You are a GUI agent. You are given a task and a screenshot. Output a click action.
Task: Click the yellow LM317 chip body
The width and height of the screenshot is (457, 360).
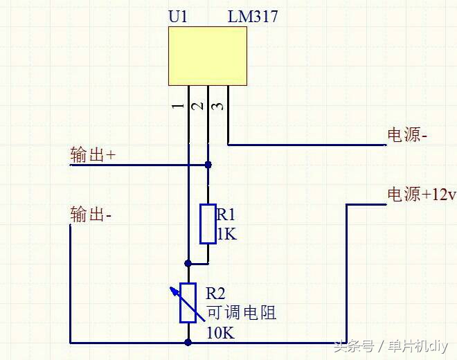tap(208, 56)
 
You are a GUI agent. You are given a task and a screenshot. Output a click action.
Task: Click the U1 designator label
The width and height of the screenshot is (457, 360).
tap(178, 16)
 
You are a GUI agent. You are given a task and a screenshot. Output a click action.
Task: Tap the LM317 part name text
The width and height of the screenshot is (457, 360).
tap(253, 16)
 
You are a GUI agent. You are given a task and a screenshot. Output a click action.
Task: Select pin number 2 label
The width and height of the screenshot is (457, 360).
tap(197, 106)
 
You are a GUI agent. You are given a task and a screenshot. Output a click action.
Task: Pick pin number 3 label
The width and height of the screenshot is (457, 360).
tap(217, 106)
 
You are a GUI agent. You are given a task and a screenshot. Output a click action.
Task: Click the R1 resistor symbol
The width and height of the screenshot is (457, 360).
tap(208, 224)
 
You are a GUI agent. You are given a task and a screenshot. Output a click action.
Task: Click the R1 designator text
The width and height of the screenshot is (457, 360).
tap(226, 214)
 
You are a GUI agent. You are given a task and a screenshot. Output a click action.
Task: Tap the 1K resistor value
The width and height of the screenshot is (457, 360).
tap(226, 234)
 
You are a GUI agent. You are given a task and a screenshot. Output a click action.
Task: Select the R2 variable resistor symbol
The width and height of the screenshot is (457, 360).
tap(188, 303)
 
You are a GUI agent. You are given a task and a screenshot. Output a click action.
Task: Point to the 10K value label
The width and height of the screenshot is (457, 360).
tap(220, 333)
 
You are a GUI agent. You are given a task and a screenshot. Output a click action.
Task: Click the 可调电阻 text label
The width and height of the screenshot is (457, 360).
tap(241, 313)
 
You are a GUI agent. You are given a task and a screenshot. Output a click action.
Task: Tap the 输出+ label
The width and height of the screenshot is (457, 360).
tap(92, 155)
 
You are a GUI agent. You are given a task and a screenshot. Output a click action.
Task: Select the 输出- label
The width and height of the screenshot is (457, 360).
tap(91, 214)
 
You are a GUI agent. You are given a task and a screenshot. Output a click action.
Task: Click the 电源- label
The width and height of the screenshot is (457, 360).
tap(406, 135)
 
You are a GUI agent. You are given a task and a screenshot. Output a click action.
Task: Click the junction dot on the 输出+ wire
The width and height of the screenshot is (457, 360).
tap(208, 165)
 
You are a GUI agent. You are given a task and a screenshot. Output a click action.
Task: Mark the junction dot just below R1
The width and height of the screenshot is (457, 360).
tap(188, 264)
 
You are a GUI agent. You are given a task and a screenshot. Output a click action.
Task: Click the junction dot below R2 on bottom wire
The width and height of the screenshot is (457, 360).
tap(188, 342)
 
